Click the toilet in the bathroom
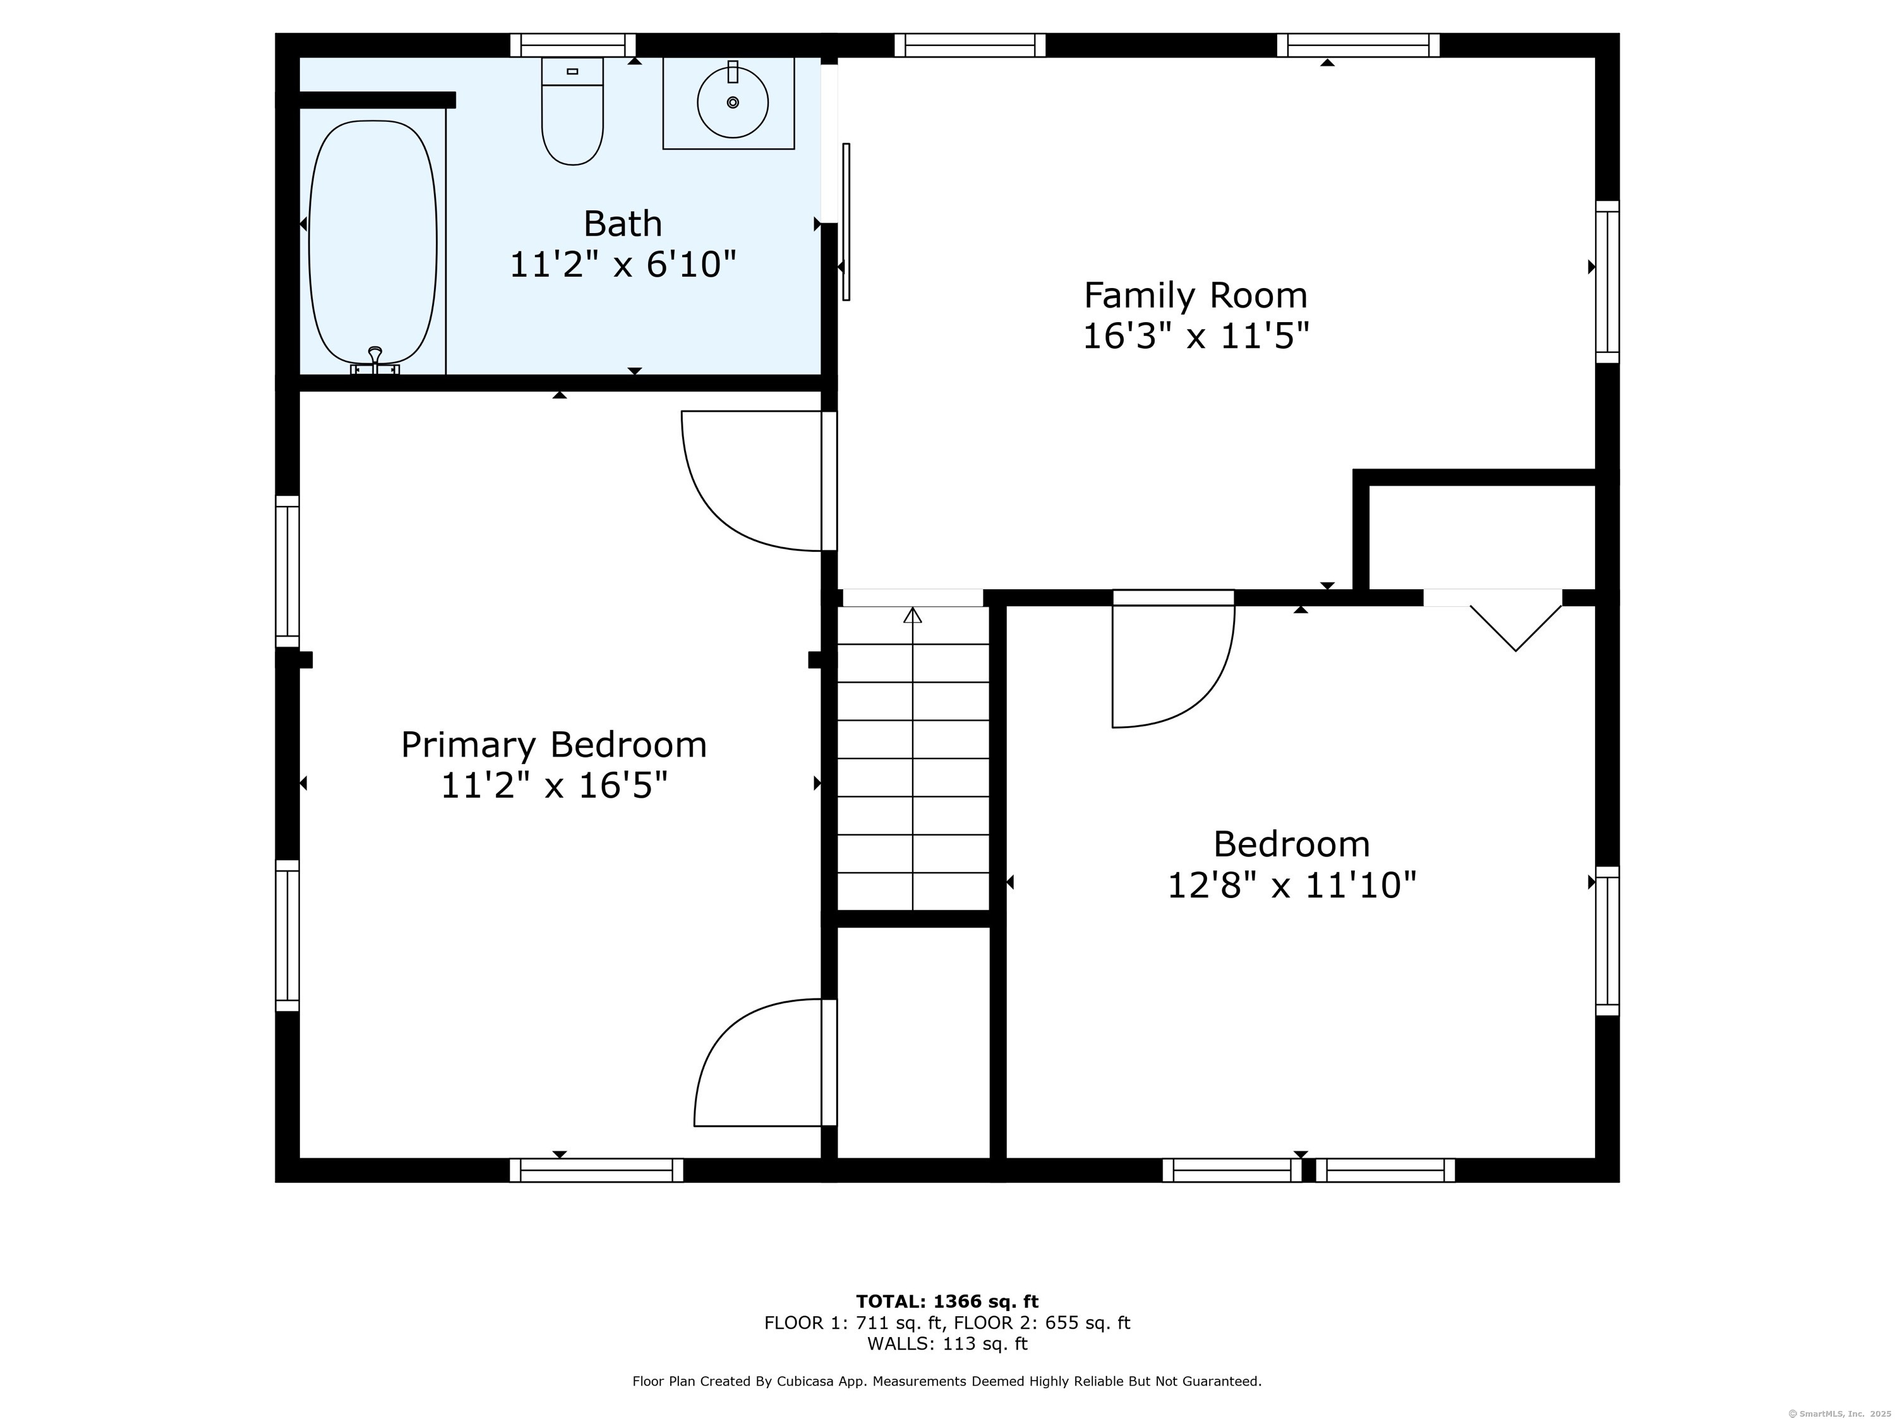572,116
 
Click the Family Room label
1195,296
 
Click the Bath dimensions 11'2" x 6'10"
623,264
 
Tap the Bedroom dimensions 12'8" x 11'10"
1291,884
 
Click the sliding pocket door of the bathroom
846,221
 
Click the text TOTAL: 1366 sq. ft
947,1302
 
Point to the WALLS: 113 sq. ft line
947,1343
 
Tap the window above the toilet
572,45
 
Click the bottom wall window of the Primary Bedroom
596,1170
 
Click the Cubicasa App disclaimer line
947,1381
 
